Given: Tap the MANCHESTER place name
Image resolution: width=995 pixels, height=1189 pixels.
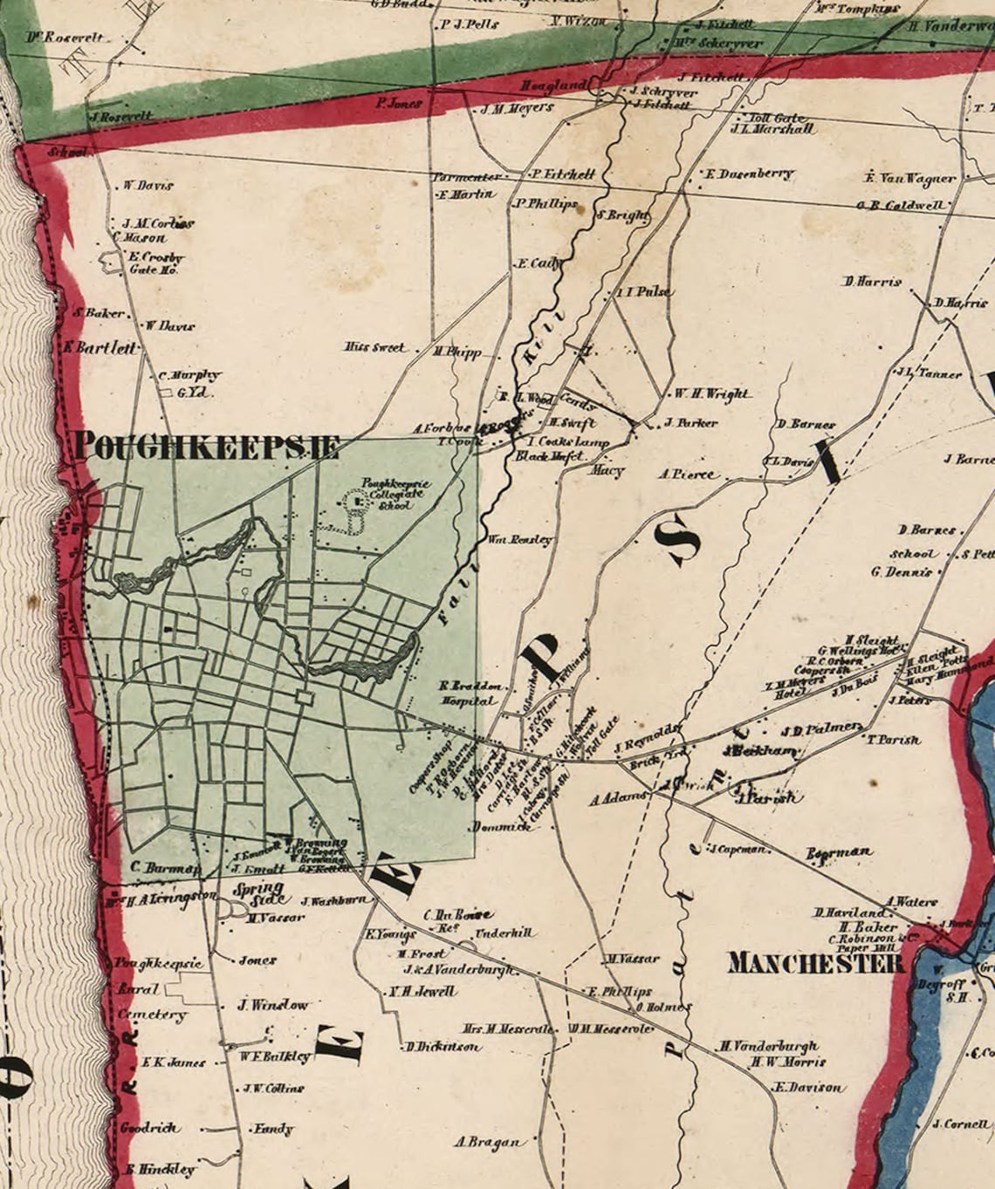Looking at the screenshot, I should (x=815, y=963).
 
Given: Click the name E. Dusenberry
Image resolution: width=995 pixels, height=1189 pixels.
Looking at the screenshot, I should (x=750, y=174).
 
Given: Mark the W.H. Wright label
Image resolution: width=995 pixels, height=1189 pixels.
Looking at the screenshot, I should (x=712, y=393).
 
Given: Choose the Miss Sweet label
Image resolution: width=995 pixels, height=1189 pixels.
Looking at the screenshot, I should (x=375, y=347).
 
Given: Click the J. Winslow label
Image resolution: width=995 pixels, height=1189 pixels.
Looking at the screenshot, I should (x=273, y=1005).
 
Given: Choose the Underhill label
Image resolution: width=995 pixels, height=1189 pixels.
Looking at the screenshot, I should (x=503, y=933).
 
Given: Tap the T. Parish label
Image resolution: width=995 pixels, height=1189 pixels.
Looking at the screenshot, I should (x=893, y=739).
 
